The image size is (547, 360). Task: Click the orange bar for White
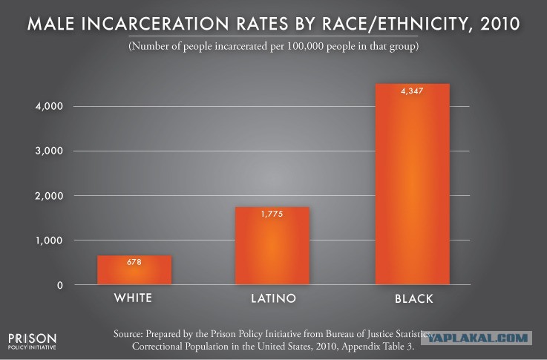pyautogui.click(x=134, y=270)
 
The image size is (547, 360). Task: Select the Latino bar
pyautogui.click(x=272, y=246)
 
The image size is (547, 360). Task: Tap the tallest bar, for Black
pyautogui.click(x=413, y=184)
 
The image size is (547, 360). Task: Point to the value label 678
pyautogui.click(x=134, y=262)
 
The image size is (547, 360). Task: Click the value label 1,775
pyautogui.click(x=272, y=214)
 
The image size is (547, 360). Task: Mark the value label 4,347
pyautogui.click(x=413, y=91)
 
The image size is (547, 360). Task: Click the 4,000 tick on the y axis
pyautogui.click(x=49, y=106)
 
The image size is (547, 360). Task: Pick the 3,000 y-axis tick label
pyautogui.click(x=49, y=151)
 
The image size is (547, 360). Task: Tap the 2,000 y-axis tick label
pyautogui.click(x=49, y=196)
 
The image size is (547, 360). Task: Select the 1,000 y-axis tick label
pyautogui.click(x=49, y=240)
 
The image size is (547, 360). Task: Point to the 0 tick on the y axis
pyautogui.click(x=60, y=285)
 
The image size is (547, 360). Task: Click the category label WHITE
pyautogui.click(x=134, y=298)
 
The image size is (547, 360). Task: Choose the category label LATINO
pyautogui.click(x=273, y=298)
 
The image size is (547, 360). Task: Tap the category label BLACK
pyautogui.click(x=414, y=298)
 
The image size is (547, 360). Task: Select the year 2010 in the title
pyautogui.click(x=499, y=24)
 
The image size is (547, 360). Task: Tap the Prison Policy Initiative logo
pyautogui.click(x=32, y=341)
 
